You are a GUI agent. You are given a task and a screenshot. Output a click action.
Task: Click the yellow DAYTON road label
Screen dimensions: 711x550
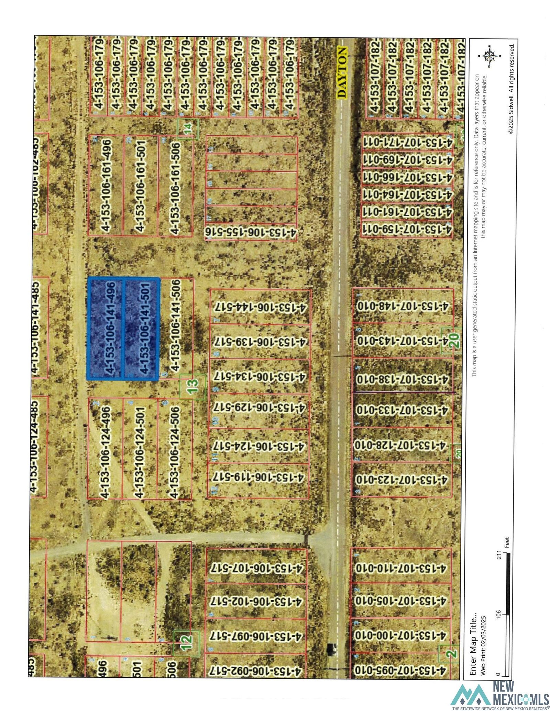pyautogui.click(x=342, y=73)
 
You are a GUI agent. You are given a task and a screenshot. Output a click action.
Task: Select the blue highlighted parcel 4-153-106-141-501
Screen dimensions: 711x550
pyautogui.click(x=141, y=329)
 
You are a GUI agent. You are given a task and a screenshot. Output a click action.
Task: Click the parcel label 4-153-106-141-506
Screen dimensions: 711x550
pyautogui.click(x=175, y=325)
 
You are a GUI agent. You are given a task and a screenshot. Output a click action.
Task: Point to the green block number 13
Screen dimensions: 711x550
pyautogui.click(x=193, y=387)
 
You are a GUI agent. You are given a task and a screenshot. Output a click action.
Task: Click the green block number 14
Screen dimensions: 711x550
pyautogui.click(x=188, y=129)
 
